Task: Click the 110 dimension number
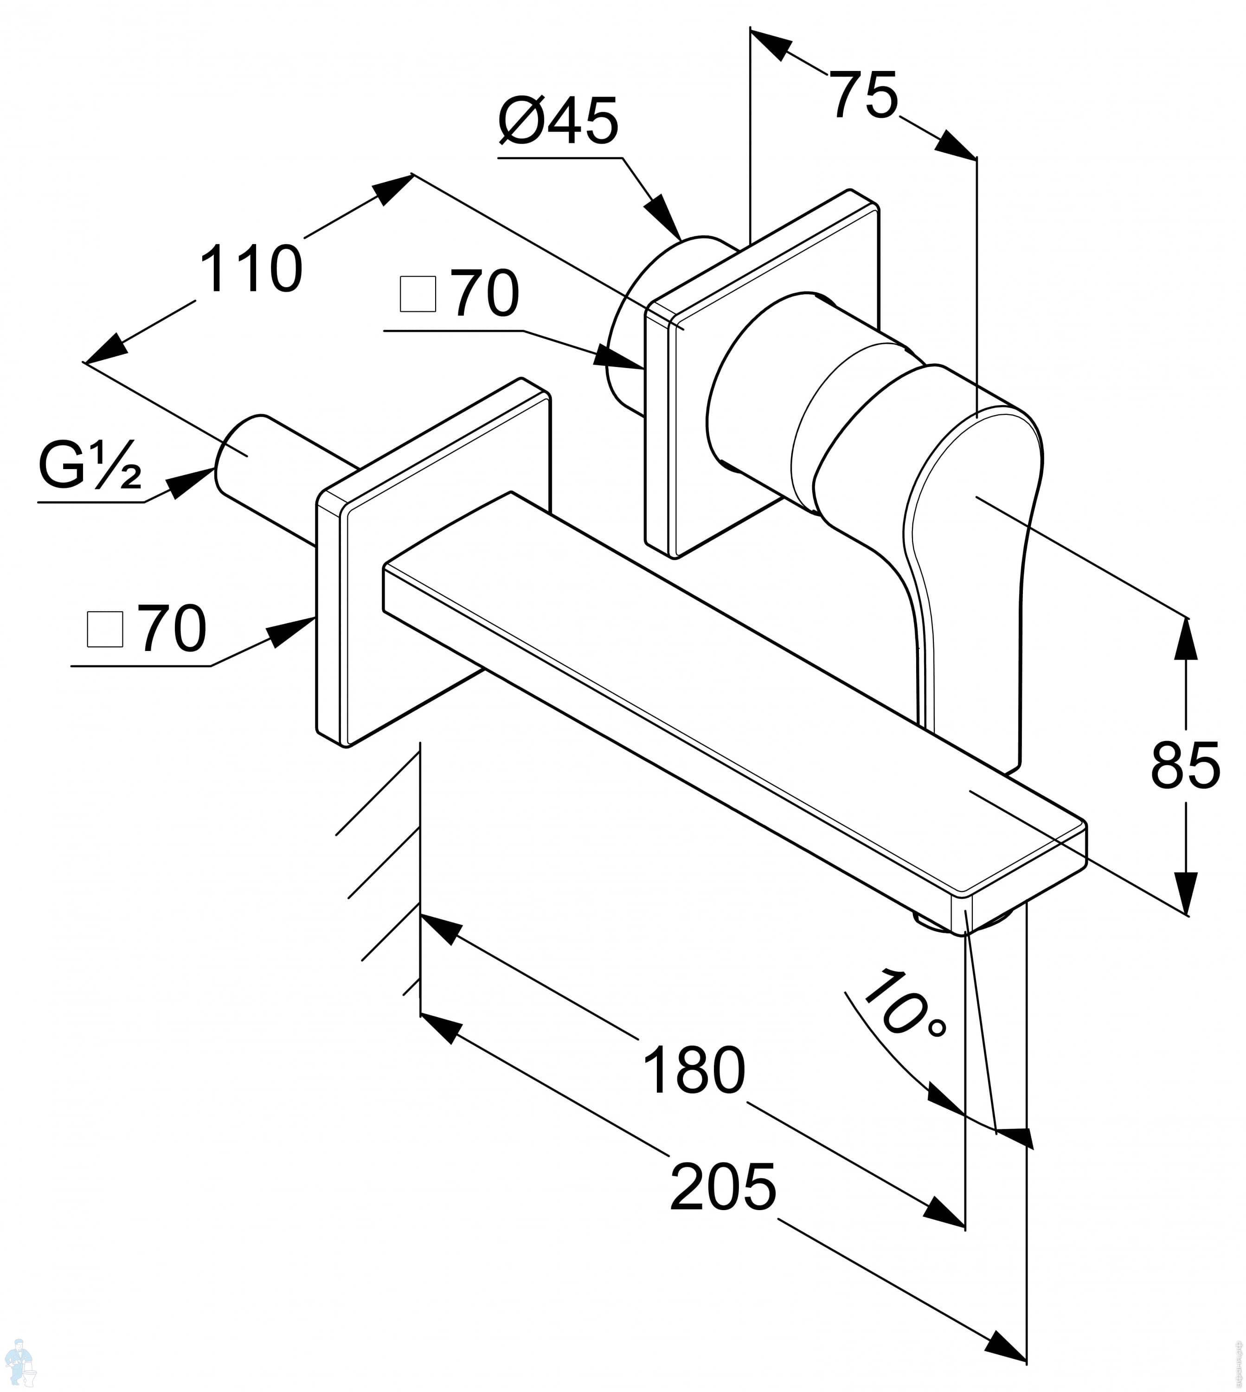click(251, 270)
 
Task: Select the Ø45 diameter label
click(558, 121)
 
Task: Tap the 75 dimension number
click(863, 95)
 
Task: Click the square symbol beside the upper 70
click(417, 295)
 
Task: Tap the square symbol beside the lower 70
click(105, 629)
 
